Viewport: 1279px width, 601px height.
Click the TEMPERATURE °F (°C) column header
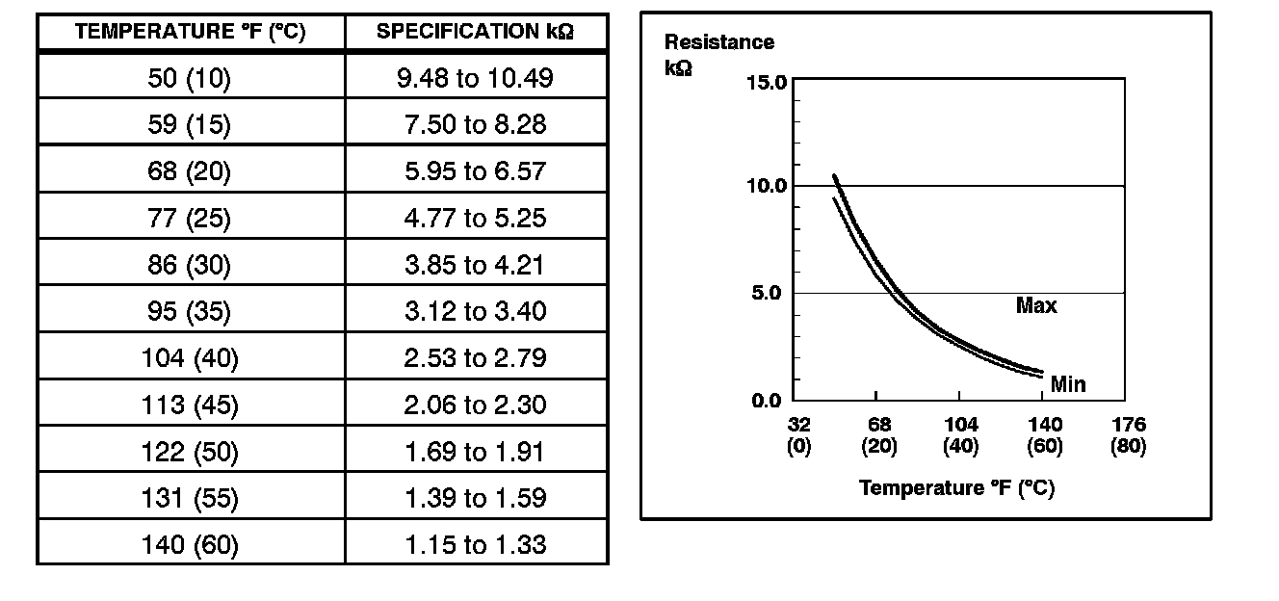(x=190, y=32)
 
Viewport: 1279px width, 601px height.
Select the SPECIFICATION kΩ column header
(x=475, y=32)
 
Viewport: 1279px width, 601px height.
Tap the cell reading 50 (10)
(x=190, y=78)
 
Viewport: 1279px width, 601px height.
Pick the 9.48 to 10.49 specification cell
(x=475, y=78)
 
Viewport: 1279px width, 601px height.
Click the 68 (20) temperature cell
(x=190, y=171)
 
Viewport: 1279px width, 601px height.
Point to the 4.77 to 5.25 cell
(x=475, y=218)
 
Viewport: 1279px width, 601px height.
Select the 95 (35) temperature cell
(x=190, y=311)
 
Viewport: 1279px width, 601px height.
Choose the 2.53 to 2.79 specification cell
(x=475, y=358)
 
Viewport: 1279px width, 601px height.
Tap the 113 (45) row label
(x=190, y=405)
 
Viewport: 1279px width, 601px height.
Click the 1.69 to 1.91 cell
(x=475, y=452)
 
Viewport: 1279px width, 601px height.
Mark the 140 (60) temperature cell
(x=190, y=545)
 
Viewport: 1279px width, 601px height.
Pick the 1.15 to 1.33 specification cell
(x=475, y=545)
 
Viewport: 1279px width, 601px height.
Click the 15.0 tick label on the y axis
(x=767, y=83)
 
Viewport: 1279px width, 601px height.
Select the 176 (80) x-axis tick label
(x=1128, y=435)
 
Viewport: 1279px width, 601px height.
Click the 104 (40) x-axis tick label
(x=960, y=435)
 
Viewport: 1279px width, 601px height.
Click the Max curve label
(x=1036, y=306)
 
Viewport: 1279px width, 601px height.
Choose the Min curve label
(x=1068, y=384)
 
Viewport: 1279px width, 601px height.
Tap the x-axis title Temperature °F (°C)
(x=956, y=488)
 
